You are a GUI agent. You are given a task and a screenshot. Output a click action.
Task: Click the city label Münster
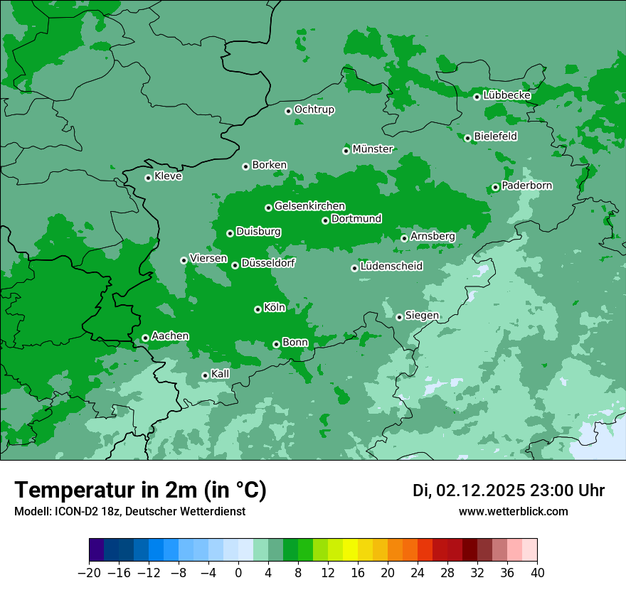pyautogui.click(x=373, y=149)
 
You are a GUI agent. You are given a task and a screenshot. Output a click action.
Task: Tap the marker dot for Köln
pyautogui.click(x=258, y=309)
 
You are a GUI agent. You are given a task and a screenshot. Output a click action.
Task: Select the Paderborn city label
pyautogui.click(x=527, y=186)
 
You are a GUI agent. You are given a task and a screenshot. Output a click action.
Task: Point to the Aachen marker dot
pyautogui.click(x=145, y=338)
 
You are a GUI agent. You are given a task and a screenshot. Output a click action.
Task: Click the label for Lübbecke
pyautogui.click(x=506, y=95)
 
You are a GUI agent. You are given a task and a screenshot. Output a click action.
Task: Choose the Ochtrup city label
pyautogui.click(x=314, y=109)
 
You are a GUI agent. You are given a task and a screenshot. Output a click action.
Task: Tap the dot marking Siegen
pyautogui.click(x=400, y=317)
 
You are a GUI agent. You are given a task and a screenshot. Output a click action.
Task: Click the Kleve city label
pyautogui.click(x=169, y=176)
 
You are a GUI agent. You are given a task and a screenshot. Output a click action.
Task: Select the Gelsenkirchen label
pyautogui.click(x=309, y=206)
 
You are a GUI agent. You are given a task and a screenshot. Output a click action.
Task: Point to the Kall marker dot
pyautogui.click(x=205, y=375)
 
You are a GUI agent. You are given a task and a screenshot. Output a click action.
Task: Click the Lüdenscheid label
pyautogui.click(x=391, y=267)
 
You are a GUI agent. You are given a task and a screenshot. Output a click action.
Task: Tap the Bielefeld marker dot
pyautogui.click(x=468, y=138)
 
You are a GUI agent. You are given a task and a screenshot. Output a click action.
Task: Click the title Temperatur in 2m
pyautogui.click(x=141, y=490)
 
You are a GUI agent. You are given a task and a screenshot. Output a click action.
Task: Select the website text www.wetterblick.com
pyautogui.click(x=514, y=511)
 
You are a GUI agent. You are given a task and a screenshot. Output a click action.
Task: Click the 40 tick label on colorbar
pyautogui.click(x=537, y=573)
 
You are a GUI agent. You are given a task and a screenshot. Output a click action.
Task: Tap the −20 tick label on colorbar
pyautogui.click(x=90, y=573)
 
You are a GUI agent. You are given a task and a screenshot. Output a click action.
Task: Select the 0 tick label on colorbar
pyautogui.click(x=238, y=573)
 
